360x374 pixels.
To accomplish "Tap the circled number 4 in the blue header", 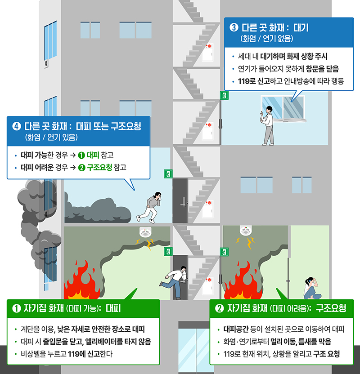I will coord(16,126).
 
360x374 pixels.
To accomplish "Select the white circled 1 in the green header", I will coord(16,308).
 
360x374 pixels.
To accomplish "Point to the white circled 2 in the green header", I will coord(220,308).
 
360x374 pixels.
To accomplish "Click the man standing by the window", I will coord(267,125).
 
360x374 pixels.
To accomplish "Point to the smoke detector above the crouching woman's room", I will coord(246,232).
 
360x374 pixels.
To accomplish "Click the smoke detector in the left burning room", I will coord(146,233).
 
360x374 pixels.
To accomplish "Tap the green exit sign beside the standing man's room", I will coord(224,95).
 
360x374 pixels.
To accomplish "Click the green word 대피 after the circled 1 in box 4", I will coord(94,155).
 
